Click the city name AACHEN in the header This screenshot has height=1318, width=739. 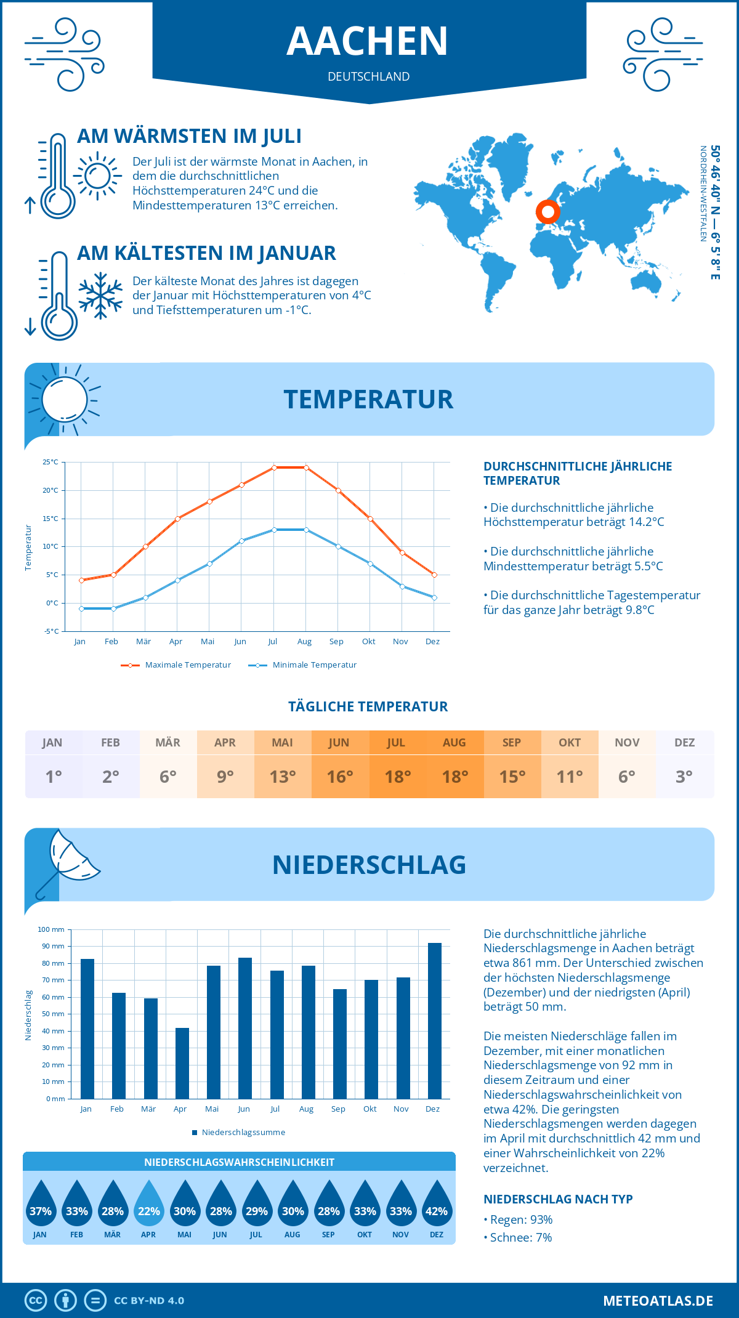368,41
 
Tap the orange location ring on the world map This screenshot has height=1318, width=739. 547,211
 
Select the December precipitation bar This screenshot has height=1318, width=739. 435,1021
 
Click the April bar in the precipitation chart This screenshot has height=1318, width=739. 182,1063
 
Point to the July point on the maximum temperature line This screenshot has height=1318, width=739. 274,467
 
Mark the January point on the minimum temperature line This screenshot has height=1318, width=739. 81,608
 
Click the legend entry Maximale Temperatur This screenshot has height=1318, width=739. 176,665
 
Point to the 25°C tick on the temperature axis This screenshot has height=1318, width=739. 50,462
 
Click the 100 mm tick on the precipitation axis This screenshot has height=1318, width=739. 51,929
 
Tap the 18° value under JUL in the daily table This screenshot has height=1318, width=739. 397,777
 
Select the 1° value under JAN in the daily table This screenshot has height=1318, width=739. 54,777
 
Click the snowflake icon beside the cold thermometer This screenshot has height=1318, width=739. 100,296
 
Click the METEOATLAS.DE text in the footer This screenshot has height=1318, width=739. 658,1301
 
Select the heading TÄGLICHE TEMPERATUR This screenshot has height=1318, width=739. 368,706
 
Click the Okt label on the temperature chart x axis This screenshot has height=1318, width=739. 368,642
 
